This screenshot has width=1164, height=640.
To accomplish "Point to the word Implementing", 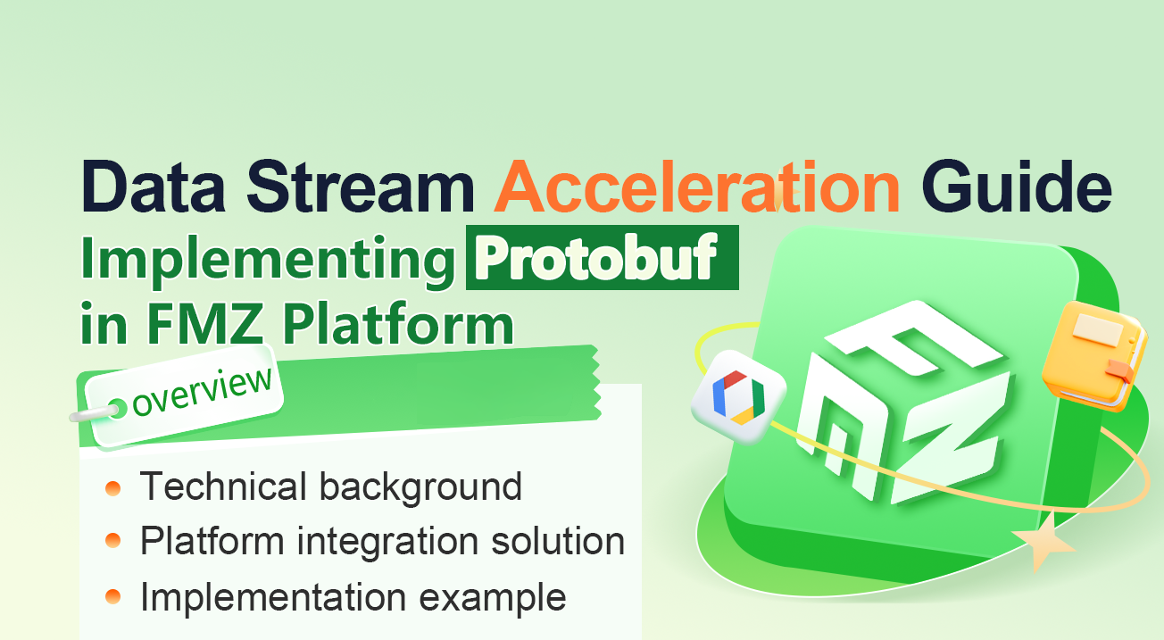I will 266,261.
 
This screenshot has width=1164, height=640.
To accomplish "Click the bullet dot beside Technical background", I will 113,488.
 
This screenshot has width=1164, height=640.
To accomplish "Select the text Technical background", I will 331,487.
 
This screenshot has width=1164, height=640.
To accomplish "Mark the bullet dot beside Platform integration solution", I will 113,542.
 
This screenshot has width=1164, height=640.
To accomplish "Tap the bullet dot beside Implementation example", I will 113,596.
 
